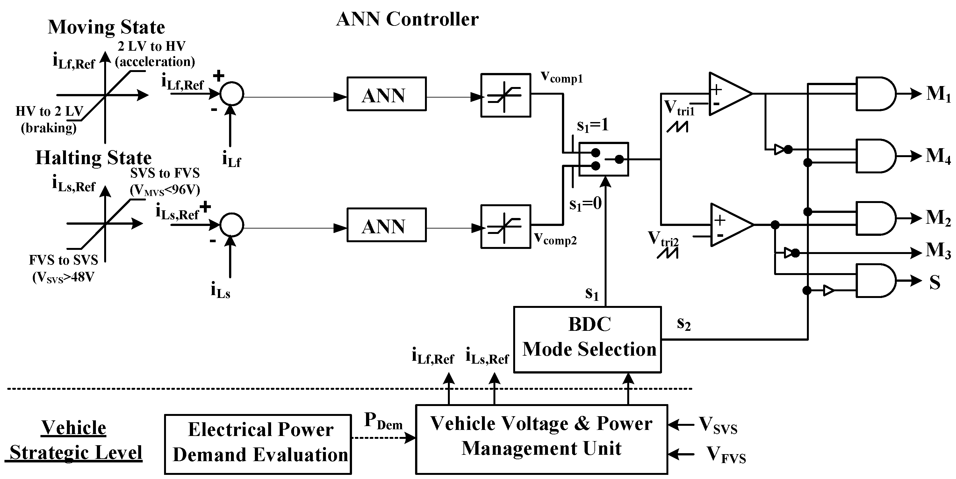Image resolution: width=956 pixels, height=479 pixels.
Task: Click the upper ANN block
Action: [x=386, y=94]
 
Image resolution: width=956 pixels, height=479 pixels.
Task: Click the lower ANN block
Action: [x=386, y=225]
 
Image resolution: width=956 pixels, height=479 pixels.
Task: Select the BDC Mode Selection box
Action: [x=587, y=339]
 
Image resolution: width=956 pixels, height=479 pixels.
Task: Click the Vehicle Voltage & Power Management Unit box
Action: [x=542, y=439]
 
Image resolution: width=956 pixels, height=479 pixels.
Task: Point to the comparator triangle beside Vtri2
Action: [x=729, y=225]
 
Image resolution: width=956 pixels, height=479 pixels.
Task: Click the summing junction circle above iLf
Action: [x=232, y=94]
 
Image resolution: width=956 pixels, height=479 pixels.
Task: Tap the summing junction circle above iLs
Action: [x=232, y=225]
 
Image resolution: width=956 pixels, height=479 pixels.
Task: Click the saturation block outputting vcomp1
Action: [x=506, y=95]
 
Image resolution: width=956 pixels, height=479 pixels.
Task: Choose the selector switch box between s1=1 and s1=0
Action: [x=604, y=159]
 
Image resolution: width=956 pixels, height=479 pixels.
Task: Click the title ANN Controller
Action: [x=407, y=19]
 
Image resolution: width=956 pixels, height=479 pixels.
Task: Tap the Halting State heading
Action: [x=94, y=158]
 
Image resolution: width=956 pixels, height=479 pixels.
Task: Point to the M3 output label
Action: [x=938, y=250]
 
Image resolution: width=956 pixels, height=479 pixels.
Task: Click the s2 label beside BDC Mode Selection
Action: [x=684, y=324]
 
